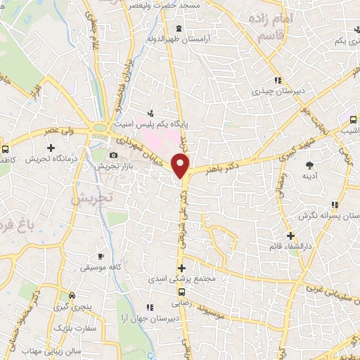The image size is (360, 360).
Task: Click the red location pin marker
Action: pos(181,167)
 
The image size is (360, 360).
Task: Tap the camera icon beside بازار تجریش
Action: pos(114,155)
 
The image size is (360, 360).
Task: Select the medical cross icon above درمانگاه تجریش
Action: pos(51,148)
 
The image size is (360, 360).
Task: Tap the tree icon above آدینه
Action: pos(308,165)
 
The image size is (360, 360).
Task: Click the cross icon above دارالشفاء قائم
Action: pos(290,235)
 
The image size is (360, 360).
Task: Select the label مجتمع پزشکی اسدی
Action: pos(181,279)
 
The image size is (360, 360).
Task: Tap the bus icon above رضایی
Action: pos(182,292)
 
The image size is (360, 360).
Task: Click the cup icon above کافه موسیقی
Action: pos(101,256)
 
